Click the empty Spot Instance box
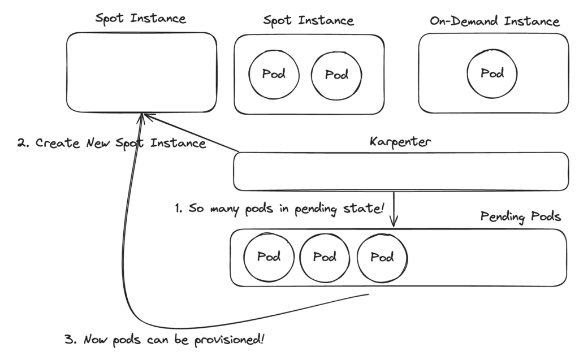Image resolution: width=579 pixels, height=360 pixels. point(141,72)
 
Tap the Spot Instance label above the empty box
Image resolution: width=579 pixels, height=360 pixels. point(140,18)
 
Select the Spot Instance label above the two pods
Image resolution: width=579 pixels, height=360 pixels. point(308,20)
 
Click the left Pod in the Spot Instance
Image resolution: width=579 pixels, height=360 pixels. point(274,74)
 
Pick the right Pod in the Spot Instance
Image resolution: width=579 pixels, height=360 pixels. point(336,74)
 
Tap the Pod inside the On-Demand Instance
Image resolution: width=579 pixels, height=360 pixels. point(492,73)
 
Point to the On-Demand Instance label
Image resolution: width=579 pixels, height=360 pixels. point(494,21)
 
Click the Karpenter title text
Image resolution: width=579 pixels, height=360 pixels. point(400,141)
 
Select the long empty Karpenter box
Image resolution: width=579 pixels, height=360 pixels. point(400,171)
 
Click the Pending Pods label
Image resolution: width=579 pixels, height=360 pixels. point(520,216)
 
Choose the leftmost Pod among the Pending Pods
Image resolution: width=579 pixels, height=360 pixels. point(269,257)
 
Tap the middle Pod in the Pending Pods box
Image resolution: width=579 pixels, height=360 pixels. point(325,257)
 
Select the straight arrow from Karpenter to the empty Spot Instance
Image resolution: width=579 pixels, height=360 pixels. point(192,133)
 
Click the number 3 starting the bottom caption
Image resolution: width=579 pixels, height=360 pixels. point(68,341)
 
